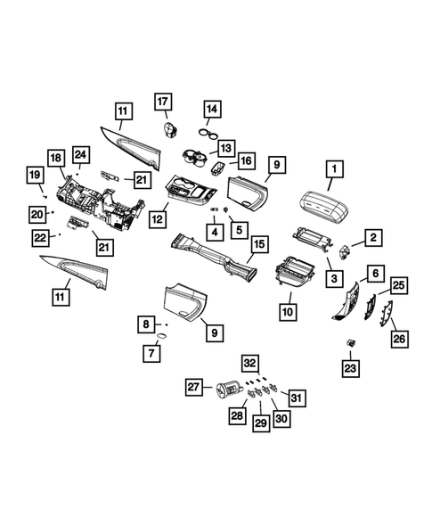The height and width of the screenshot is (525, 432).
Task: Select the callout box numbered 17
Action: [x=163, y=102]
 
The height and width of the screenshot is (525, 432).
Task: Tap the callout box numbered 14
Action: [x=212, y=110]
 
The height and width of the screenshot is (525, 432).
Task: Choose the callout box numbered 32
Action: [x=249, y=363]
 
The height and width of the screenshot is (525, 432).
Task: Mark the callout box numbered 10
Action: [x=288, y=312]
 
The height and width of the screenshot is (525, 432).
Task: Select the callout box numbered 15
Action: [x=258, y=242]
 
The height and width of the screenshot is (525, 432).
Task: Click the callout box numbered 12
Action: [x=159, y=217]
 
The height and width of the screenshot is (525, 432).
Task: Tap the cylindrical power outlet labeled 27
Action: [x=226, y=391]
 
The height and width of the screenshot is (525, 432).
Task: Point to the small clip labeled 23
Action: [x=352, y=342]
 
